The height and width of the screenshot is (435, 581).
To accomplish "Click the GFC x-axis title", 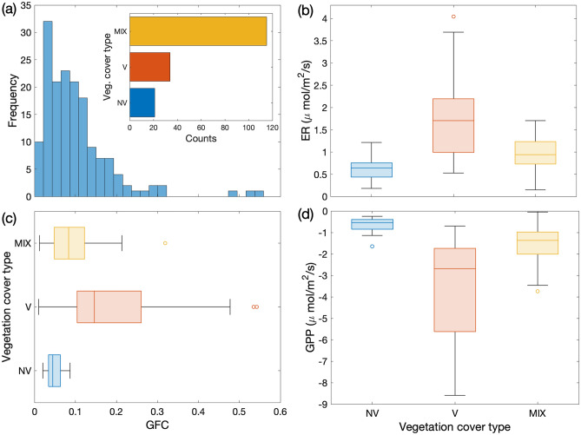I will coord(156,426).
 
